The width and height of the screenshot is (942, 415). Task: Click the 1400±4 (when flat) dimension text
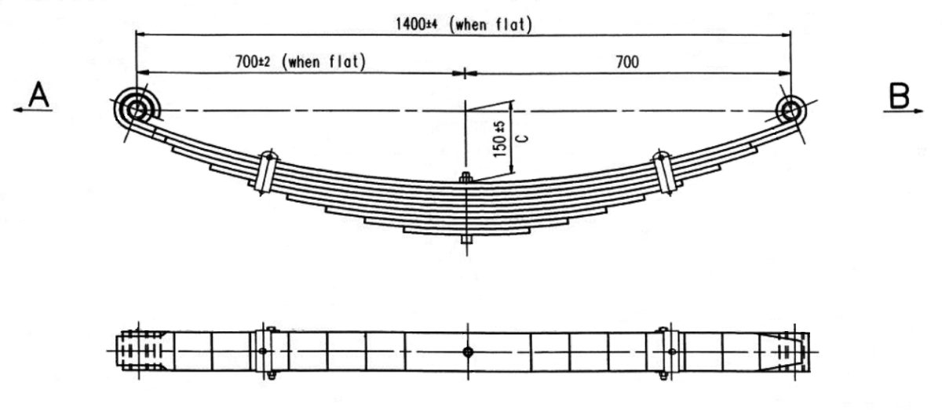pyautogui.click(x=464, y=24)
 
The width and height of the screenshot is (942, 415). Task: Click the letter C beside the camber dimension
pyautogui.click(x=523, y=138)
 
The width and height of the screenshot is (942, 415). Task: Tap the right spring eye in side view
pyautogui.click(x=790, y=110)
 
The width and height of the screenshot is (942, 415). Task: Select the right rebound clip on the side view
pyautogui.click(x=665, y=173)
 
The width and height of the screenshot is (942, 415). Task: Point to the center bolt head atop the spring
pyautogui.click(x=466, y=179)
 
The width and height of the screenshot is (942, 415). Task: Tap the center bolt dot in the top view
pyautogui.click(x=467, y=352)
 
